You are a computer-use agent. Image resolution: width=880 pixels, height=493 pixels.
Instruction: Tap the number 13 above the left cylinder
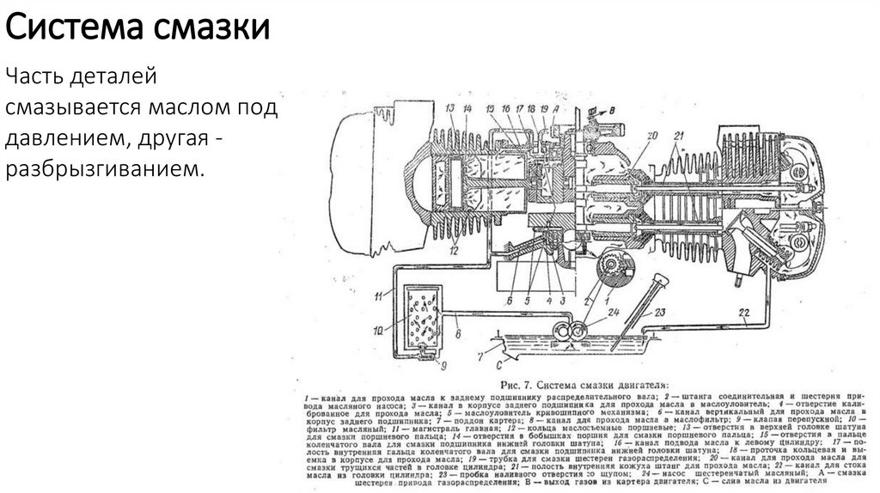click(450, 108)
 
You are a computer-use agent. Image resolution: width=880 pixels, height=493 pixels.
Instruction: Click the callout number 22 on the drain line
click(743, 311)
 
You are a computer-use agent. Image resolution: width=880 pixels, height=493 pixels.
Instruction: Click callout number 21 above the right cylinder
click(679, 135)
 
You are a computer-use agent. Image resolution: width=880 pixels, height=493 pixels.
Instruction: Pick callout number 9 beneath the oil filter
click(443, 366)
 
